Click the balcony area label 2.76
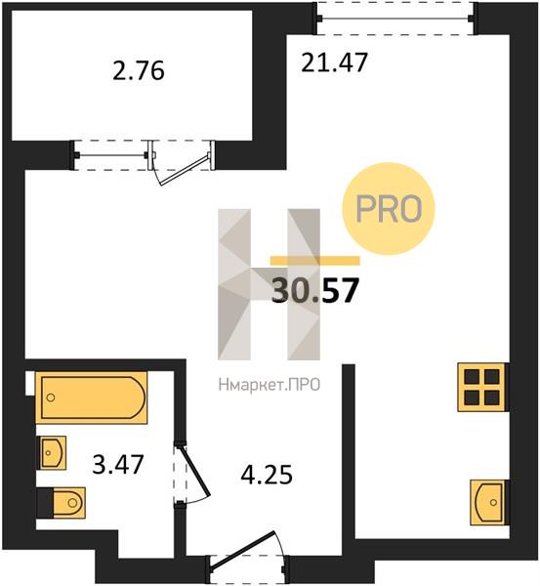pyautogui.click(x=139, y=71)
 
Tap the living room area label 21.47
pyautogui.click(x=335, y=63)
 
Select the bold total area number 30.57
pyautogui.click(x=315, y=290)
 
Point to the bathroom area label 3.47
pyautogui.click(x=118, y=465)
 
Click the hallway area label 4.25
pyautogui.click(x=267, y=475)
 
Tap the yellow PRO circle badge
pyautogui.click(x=389, y=209)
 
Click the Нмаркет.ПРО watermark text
pyautogui.click(x=270, y=385)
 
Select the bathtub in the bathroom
pyautogui.click(x=91, y=398)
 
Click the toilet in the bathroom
pyautogui.click(x=61, y=503)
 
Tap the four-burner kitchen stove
pyautogui.click(x=483, y=387)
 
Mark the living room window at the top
pyautogui.click(x=395, y=18)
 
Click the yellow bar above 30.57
pyautogui.click(x=315, y=261)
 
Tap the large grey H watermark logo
pyautogui.click(x=270, y=284)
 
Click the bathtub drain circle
pyautogui.click(x=51, y=398)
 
